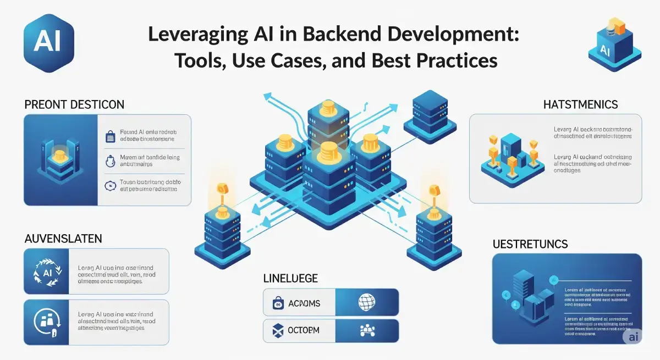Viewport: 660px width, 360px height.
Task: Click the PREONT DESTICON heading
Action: coord(74,104)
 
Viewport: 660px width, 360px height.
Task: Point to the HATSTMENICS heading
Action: coord(580,104)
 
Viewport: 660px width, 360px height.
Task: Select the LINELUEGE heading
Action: coord(290,278)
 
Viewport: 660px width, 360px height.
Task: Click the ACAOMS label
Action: coord(304,303)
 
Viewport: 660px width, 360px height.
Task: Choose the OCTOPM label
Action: coord(304,330)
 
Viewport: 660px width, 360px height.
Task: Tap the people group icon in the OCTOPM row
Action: coord(366,330)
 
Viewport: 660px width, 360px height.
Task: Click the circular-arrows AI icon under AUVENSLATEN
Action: coord(46,271)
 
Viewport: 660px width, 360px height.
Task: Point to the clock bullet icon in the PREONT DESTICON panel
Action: coord(109,186)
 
